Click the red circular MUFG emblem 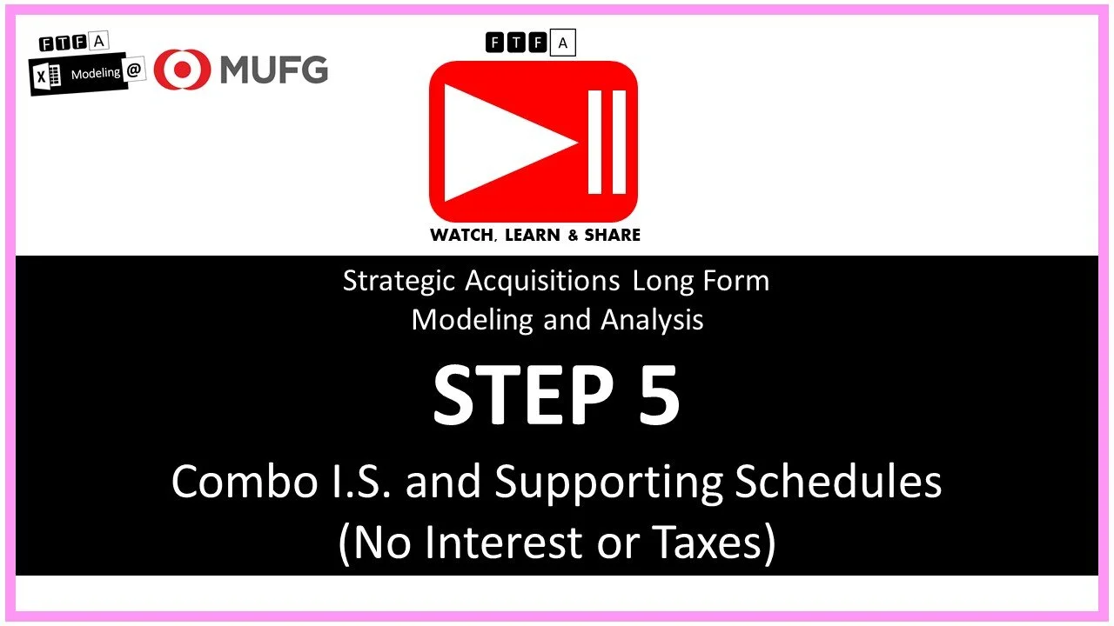tap(182, 70)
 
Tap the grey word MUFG tap(273, 70)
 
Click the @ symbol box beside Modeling tap(134, 72)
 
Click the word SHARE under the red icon tap(613, 235)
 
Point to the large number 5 tap(658, 395)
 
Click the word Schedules tap(838, 481)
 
